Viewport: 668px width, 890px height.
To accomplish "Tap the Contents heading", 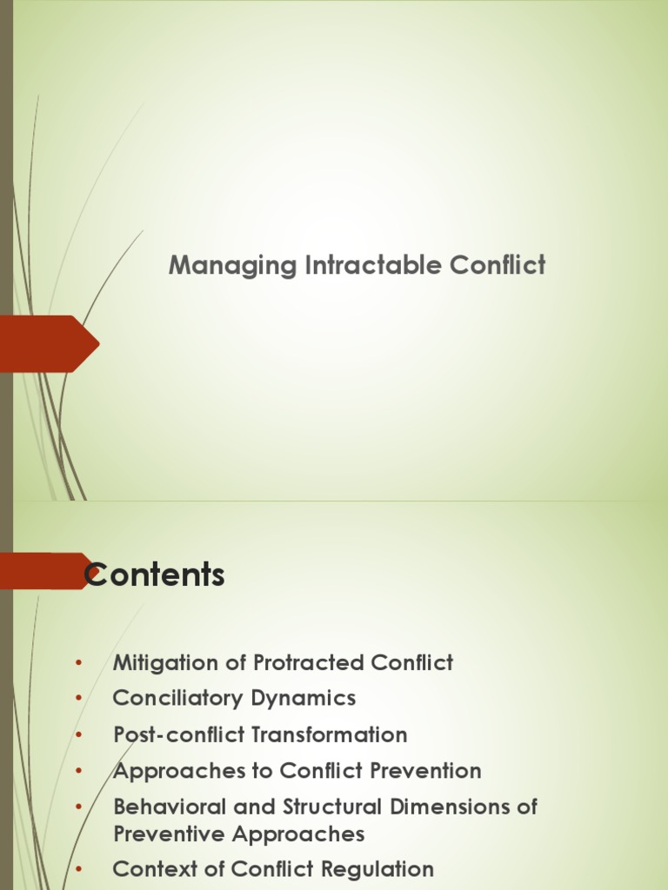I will (155, 575).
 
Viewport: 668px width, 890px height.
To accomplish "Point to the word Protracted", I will (310, 663).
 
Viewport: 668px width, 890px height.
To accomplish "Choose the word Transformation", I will (331, 734).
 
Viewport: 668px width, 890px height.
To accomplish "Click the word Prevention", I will (424, 771).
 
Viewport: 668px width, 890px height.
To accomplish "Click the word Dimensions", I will (451, 807).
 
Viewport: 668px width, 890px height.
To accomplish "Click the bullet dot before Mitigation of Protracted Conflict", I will (79, 663).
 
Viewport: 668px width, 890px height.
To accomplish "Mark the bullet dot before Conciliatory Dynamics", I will (79, 698).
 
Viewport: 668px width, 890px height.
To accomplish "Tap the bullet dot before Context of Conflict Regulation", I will (79, 869).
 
